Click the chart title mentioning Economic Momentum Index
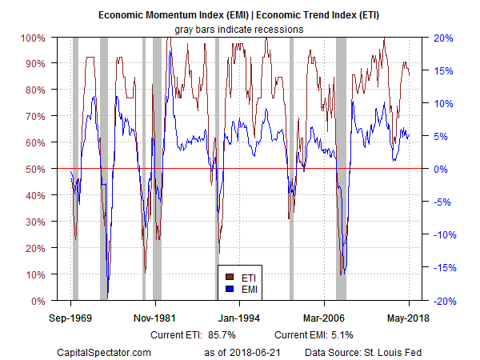point(240,15)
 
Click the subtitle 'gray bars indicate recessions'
point(240,29)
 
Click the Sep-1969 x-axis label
point(71,317)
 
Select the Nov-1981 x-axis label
point(155,317)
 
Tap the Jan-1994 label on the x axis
point(240,317)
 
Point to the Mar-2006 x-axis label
point(324,317)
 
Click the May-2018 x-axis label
point(409,317)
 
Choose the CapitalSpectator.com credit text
point(106,351)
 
